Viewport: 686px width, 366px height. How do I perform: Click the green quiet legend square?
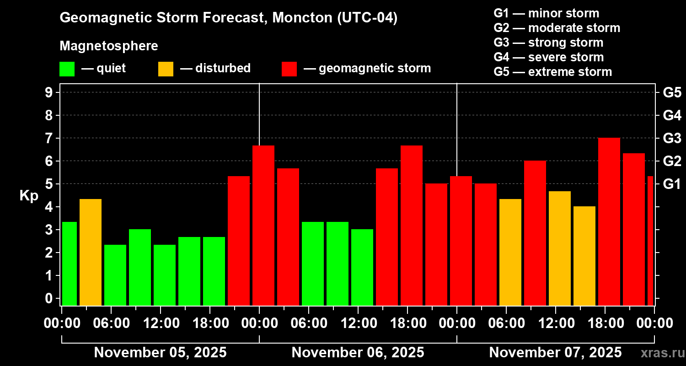(x=67, y=69)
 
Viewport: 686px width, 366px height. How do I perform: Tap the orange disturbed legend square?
(x=166, y=69)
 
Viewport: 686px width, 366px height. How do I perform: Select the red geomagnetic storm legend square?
(x=289, y=69)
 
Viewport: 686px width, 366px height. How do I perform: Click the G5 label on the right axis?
(x=672, y=93)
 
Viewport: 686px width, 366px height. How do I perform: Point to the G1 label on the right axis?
(x=672, y=184)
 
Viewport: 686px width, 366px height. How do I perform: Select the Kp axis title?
(x=29, y=196)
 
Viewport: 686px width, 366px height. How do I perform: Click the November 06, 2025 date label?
(x=358, y=353)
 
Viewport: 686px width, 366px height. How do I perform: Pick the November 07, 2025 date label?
(x=555, y=353)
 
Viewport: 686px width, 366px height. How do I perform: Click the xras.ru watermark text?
(x=660, y=353)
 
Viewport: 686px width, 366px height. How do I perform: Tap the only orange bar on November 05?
(x=91, y=252)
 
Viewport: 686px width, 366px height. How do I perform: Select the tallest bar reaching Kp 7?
(x=609, y=222)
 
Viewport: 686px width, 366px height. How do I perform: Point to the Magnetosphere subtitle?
(x=109, y=46)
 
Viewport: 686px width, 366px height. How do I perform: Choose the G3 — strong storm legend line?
(x=548, y=43)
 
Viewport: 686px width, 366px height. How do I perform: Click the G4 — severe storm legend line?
(x=549, y=57)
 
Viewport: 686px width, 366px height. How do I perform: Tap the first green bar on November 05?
(x=70, y=263)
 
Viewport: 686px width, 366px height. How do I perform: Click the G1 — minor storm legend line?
(x=547, y=13)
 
